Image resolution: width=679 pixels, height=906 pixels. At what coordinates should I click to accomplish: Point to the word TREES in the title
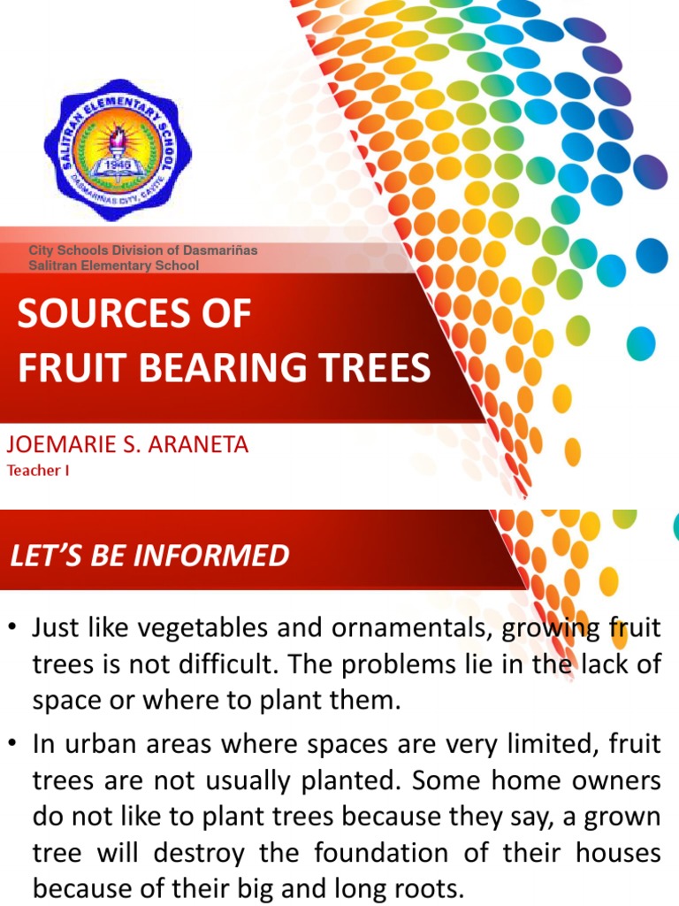(x=375, y=367)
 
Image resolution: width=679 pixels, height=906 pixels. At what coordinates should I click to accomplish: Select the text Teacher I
(x=38, y=471)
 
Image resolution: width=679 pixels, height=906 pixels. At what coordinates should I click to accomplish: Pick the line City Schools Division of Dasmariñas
(x=143, y=250)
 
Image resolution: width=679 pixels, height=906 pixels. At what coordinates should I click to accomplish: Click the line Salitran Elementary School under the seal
(x=114, y=265)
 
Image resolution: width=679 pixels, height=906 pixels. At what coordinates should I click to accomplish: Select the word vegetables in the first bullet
(x=196, y=629)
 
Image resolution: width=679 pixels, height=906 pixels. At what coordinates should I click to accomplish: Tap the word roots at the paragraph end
(x=412, y=887)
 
